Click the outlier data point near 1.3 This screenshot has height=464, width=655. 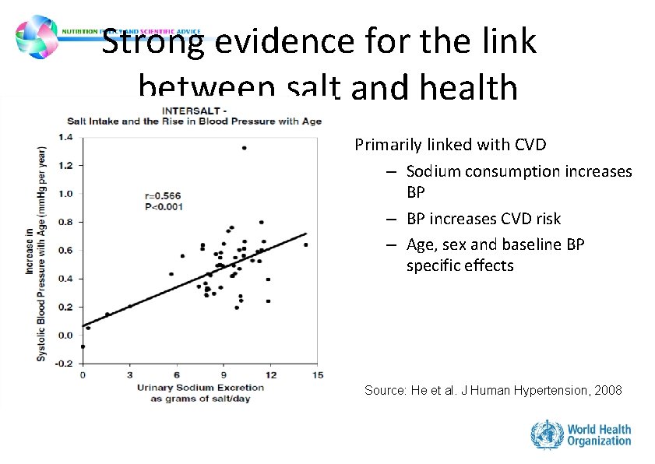click(244, 148)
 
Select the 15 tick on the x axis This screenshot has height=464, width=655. click(317, 374)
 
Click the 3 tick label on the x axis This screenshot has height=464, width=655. click(129, 374)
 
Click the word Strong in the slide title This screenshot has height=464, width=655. click(153, 41)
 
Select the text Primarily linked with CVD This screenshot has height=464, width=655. click(450, 145)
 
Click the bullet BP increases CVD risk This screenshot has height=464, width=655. click(484, 219)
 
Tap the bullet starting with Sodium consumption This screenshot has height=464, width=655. click(519, 170)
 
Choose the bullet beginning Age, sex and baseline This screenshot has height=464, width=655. click(495, 244)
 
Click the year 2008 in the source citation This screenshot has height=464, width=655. click(607, 389)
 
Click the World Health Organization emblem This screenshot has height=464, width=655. click(546, 434)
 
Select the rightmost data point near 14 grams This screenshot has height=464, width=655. click(305, 244)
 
